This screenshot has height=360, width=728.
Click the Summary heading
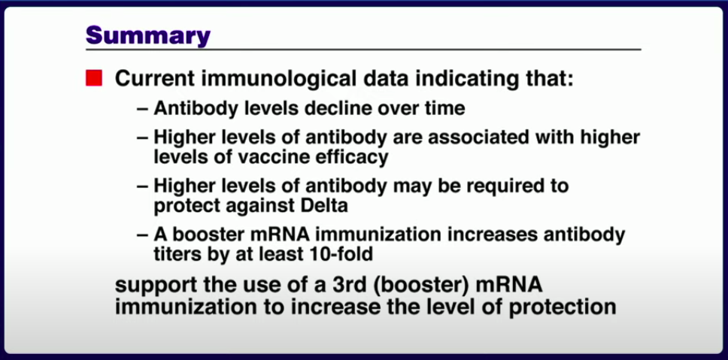point(148,35)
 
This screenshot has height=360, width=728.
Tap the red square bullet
point(94,78)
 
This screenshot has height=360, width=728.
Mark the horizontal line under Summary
point(363,49)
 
